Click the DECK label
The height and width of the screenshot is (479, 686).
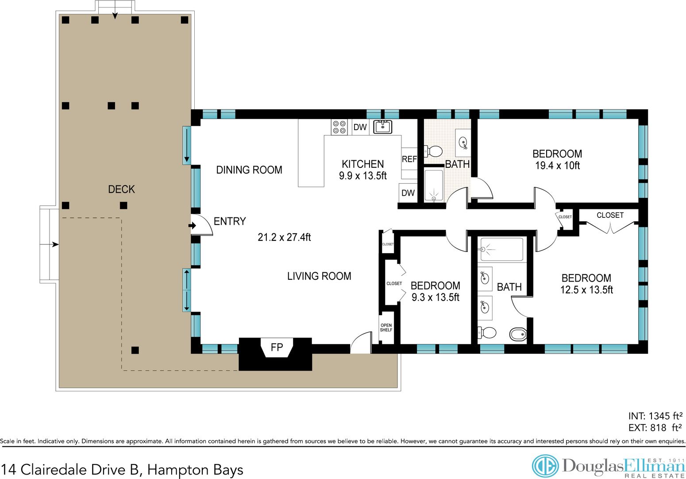121,189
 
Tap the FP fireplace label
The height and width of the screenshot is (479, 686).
277,348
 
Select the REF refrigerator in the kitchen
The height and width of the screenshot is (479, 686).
409,159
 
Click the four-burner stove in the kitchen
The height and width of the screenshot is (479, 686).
339,127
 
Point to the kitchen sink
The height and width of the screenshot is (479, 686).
382,127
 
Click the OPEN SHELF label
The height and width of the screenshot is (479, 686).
386,328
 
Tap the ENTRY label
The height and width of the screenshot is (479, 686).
230,221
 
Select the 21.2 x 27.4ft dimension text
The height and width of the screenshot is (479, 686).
284,237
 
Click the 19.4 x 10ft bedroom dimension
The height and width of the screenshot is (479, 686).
557,166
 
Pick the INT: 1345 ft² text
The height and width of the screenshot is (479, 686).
655,416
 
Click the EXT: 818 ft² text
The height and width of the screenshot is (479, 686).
655,428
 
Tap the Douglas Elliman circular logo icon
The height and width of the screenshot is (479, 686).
545,466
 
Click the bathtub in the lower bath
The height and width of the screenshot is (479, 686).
501,249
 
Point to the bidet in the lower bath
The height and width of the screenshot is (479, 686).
518,334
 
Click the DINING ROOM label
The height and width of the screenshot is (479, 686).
249,170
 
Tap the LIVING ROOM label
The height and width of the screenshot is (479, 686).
319,276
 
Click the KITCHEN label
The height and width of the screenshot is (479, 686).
362,164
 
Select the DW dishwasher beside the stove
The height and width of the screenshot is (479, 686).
360,127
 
